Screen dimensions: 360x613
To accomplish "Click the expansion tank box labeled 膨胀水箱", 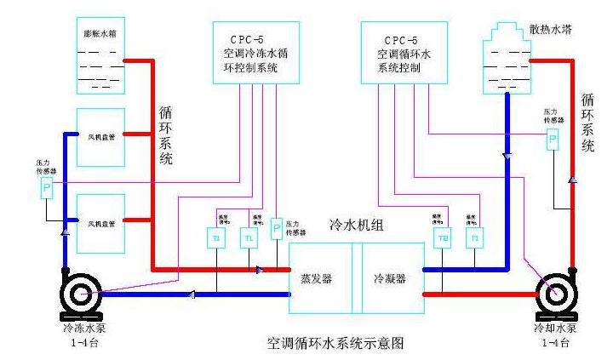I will click(x=101, y=55).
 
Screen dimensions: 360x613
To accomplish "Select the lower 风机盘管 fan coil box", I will click(x=101, y=223).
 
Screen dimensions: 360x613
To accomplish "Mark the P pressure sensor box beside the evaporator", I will click(x=277, y=228).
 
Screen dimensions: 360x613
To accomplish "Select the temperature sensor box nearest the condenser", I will click(x=444, y=238).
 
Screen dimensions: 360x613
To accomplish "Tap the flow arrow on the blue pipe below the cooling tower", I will click(x=508, y=157).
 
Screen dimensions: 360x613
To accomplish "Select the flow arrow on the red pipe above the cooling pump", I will click(x=573, y=180).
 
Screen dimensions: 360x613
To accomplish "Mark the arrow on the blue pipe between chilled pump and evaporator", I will click(x=192, y=294).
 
